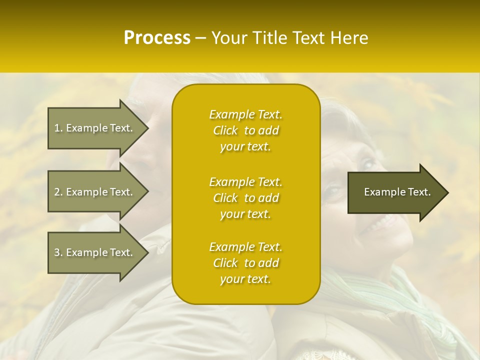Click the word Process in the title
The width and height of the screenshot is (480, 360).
(157, 38)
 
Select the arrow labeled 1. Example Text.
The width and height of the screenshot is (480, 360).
(93, 128)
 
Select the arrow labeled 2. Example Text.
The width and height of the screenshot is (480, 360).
(93, 192)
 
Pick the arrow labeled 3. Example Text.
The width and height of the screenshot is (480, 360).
(93, 252)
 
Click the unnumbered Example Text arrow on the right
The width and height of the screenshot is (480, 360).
(397, 192)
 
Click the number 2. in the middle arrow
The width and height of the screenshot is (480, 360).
(58, 192)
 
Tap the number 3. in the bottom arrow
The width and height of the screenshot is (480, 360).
(58, 252)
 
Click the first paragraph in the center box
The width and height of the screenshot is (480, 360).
(245, 130)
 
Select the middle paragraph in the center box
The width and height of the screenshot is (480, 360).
(245, 198)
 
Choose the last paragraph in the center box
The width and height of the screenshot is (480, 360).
(245, 263)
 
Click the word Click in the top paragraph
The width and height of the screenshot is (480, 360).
(225, 130)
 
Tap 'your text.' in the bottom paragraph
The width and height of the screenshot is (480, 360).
(245, 279)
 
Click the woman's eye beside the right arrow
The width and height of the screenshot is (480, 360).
(334, 190)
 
